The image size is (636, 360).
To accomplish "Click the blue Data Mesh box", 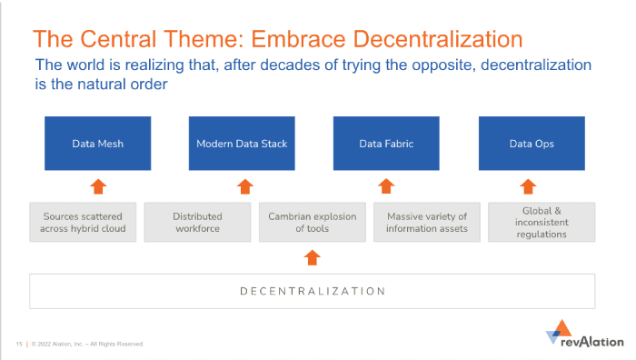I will click(98, 144).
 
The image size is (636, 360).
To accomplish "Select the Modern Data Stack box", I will click(242, 144).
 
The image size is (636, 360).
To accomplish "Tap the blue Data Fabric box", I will click(386, 144).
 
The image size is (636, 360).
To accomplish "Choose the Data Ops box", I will click(532, 144).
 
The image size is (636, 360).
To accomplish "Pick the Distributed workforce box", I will click(197, 223).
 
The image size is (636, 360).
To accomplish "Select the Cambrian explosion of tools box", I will click(312, 223).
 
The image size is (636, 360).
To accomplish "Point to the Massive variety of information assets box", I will click(426, 223).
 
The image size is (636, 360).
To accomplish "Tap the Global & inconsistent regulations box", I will click(542, 223).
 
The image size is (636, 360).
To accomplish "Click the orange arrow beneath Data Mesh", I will click(98, 186).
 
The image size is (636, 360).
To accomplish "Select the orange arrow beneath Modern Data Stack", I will click(243, 186).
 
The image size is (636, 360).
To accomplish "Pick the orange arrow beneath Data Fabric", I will click(386, 186).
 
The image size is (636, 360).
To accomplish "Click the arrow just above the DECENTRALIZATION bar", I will click(312, 257).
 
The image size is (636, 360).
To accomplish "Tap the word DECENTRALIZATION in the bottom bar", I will click(312, 291).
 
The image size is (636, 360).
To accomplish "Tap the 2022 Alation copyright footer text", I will click(86, 344).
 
